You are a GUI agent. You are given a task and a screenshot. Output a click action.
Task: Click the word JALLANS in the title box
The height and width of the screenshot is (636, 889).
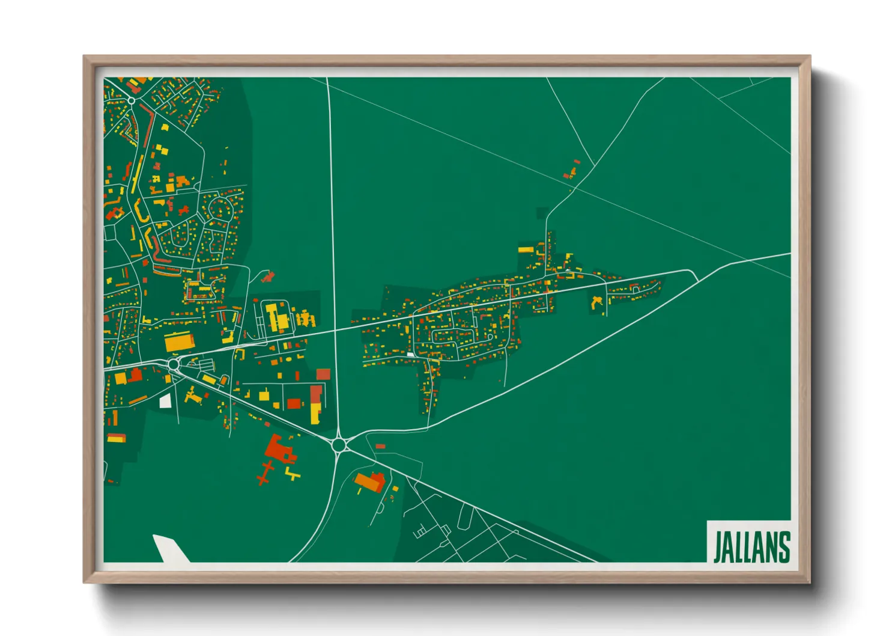tap(751, 547)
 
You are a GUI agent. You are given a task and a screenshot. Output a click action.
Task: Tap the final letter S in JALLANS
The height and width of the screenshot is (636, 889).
tap(783, 547)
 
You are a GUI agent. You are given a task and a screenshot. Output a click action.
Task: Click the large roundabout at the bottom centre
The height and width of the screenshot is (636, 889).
tap(339, 445)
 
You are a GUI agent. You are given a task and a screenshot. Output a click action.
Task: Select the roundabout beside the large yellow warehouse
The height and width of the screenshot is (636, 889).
tap(174, 364)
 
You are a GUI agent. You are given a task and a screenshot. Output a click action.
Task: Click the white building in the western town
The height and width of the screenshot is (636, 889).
tap(165, 401)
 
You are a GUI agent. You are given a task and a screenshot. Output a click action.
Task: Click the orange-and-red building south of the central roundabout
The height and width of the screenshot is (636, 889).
tap(369, 482)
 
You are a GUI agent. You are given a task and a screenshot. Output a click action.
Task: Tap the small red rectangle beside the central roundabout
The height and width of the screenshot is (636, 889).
tap(380, 447)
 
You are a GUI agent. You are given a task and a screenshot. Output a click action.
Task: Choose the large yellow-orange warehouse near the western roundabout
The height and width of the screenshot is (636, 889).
tap(179, 342)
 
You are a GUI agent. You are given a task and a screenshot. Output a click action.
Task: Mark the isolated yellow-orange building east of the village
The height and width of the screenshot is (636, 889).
tap(597, 302)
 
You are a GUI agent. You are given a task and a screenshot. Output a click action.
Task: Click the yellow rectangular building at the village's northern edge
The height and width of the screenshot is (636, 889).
tap(526, 249)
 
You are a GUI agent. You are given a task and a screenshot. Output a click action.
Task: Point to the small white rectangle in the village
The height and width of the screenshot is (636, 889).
tap(411, 355)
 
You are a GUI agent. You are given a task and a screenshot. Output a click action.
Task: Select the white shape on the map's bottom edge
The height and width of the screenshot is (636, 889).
tap(170, 548)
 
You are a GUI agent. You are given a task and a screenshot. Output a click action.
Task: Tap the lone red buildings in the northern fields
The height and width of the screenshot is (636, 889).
tap(572, 170)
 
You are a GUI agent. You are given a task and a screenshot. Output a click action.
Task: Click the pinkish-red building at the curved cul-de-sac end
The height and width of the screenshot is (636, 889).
tap(268, 277)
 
